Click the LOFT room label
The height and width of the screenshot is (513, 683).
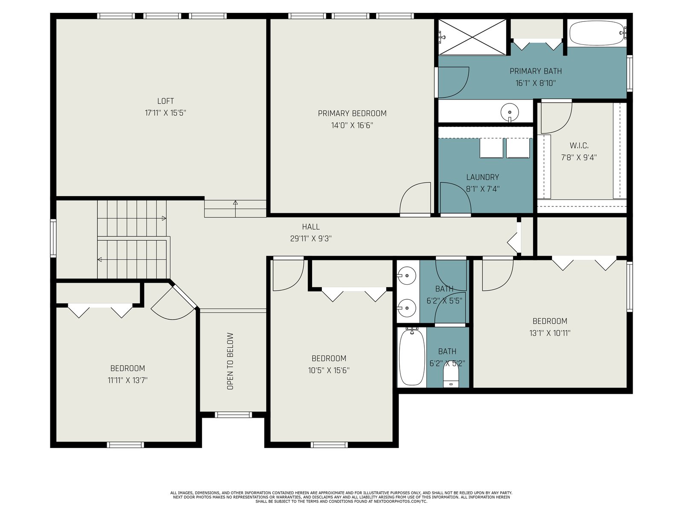pos(165,101)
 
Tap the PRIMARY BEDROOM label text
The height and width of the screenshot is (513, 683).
pos(352,113)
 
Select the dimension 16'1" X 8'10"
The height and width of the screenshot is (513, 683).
pos(535,83)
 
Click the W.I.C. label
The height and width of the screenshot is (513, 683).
pos(579,145)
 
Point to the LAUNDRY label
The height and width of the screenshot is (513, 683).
pos(482,177)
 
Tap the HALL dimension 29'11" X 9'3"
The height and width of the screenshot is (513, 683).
pos(310,239)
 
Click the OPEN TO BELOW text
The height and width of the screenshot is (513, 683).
pos(230,361)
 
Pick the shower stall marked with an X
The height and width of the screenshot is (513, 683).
pos(472,37)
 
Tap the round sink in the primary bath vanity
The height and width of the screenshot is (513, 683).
pos(509,112)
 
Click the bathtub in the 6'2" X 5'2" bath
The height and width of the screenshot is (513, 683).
pos(412,357)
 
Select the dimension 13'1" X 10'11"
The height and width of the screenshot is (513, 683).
pos(550,333)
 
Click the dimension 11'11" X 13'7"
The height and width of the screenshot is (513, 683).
pos(128,380)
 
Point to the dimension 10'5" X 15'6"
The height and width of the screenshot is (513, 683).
pos(329,370)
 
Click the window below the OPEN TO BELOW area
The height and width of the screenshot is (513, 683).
pos(233,415)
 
